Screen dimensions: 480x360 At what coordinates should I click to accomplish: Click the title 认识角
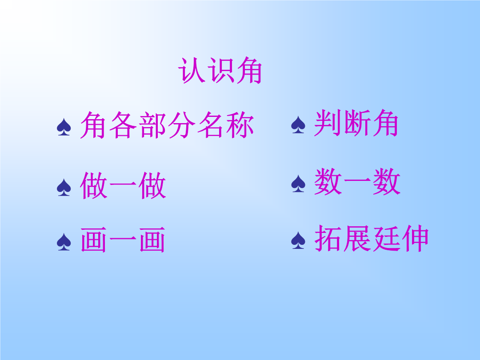220,71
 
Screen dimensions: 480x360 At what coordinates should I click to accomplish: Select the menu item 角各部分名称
167,125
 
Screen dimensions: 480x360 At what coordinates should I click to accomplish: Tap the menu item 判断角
356,123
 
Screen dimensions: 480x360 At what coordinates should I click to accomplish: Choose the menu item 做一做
123,185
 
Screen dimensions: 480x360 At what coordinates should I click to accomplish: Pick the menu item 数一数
357,181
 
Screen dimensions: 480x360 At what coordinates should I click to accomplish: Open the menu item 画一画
123,240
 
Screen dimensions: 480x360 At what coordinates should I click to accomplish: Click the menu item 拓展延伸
371,238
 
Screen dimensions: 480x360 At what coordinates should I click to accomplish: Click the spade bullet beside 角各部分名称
64,127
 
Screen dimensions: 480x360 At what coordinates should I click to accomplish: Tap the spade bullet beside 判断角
298,125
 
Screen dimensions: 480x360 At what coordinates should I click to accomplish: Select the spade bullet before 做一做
64,188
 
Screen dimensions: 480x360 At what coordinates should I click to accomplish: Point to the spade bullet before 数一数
298,184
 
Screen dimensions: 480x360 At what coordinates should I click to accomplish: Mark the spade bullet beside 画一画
64,242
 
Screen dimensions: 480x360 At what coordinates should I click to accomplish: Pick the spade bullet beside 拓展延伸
298,240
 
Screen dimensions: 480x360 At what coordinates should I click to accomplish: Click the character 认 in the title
191,71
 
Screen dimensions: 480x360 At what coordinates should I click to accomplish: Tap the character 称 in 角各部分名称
240,125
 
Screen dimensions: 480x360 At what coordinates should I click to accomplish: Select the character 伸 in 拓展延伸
415,238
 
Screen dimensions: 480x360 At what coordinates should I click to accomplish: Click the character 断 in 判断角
356,123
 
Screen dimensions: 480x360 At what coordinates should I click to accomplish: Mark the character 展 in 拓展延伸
357,238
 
